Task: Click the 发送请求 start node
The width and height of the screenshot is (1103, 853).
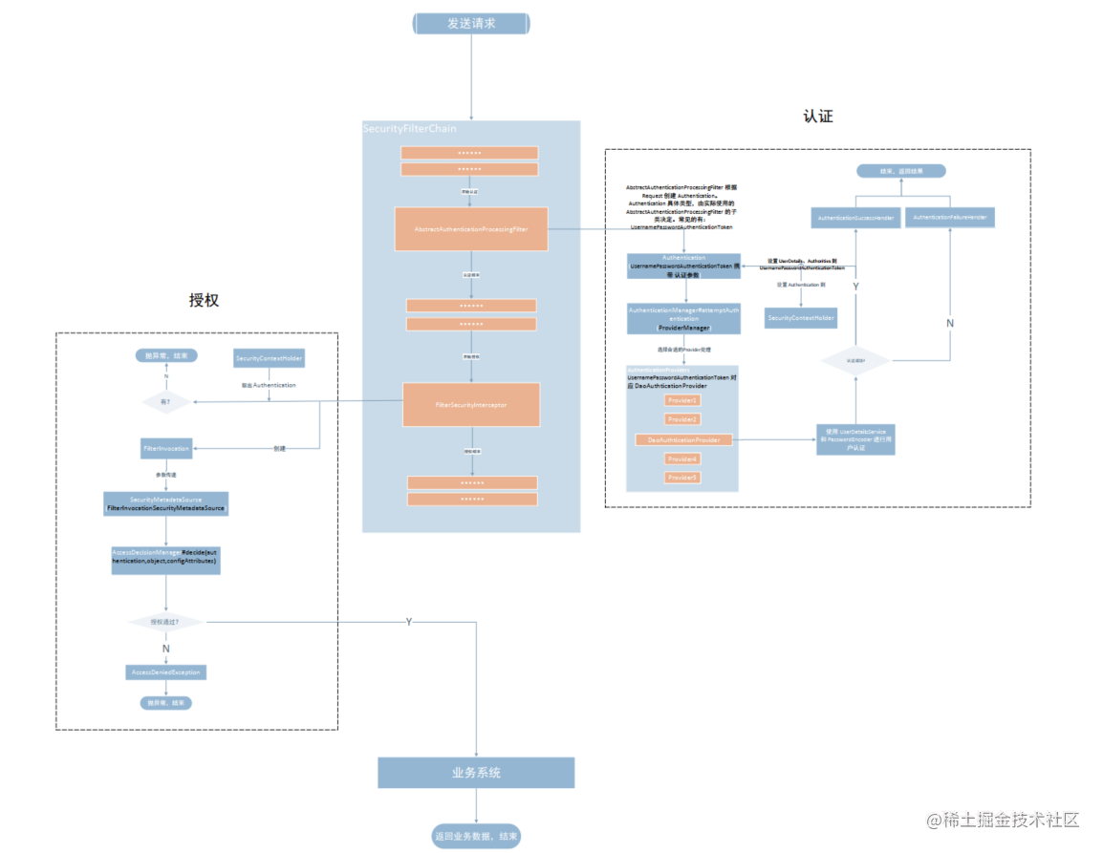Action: (471, 24)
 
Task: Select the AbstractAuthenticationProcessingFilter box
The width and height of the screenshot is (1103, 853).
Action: (471, 229)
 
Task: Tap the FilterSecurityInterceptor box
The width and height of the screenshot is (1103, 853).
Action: (471, 405)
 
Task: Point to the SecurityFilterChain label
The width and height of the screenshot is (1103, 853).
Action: (409, 128)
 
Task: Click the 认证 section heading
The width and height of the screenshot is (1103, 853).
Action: (818, 117)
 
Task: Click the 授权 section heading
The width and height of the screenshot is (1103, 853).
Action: (204, 300)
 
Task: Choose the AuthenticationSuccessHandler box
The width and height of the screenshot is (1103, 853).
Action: (855, 218)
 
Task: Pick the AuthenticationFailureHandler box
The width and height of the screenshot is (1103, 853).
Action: (949, 217)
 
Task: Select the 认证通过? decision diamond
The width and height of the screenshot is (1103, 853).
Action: (855, 360)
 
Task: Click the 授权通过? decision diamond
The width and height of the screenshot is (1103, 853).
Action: (166, 622)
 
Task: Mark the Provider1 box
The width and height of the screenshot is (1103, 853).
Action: (682, 399)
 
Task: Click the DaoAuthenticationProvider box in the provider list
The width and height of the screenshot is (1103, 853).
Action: (683, 439)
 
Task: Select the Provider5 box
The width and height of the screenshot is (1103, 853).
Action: (682, 477)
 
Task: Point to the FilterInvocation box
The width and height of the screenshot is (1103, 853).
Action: (166, 447)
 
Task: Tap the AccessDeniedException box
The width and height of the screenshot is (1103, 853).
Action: (166, 672)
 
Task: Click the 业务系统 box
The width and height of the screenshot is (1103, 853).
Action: (476, 773)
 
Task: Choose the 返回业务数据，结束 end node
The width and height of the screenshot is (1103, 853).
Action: (476, 836)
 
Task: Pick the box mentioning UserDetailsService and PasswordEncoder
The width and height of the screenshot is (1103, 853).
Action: (855, 438)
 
